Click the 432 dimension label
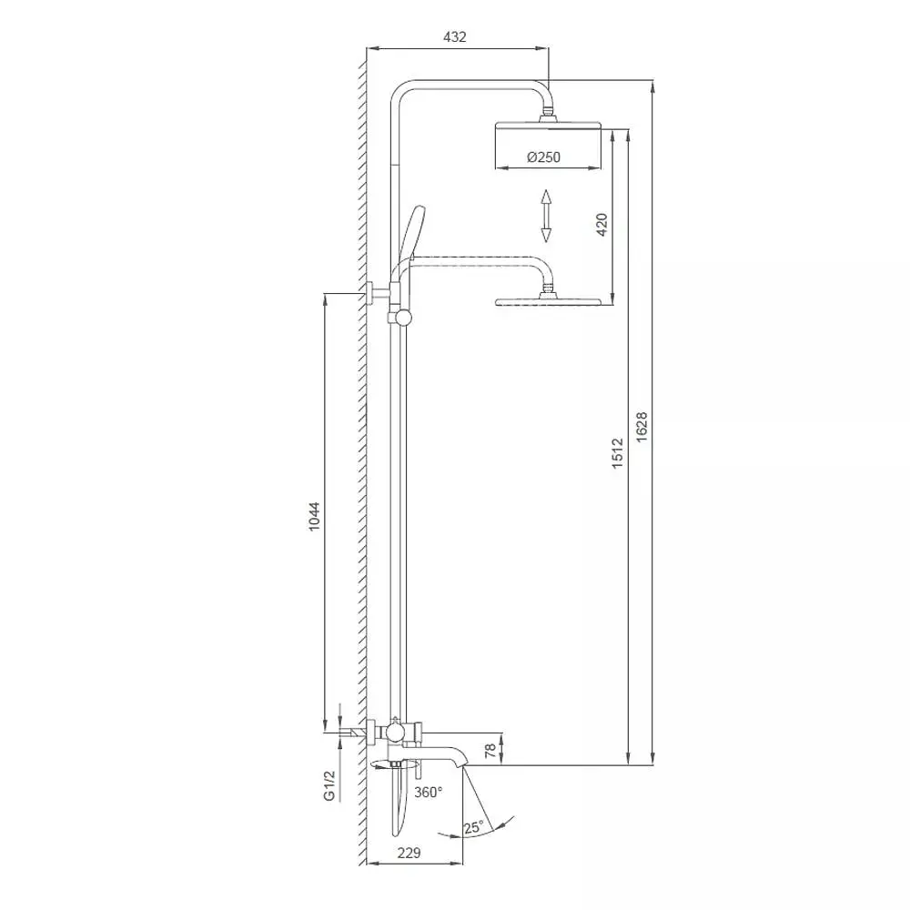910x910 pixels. [x=454, y=36]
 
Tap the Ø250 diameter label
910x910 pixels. [x=544, y=157]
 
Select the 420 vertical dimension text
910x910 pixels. [x=602, y=225]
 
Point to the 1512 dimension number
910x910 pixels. [x=617, y=453]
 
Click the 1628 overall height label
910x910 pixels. [x=642, y=427]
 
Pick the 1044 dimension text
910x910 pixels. [x=314, y=517]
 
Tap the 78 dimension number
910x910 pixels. [x=490, y=750]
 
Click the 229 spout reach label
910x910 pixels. [x=409, y=853]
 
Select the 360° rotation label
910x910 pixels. [x=429, y=793]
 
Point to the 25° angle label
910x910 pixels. [x=473, y=827]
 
